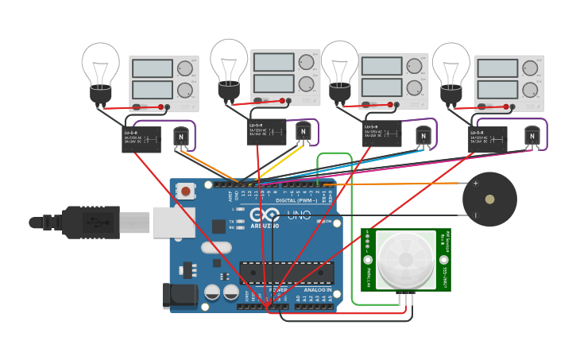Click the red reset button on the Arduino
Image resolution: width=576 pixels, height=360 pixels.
coord(185,191)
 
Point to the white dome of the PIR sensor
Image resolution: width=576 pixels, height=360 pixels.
coord(406,259)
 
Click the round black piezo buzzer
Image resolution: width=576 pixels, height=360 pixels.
coord(489,199)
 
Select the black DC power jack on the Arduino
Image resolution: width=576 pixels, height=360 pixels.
coord(176,295)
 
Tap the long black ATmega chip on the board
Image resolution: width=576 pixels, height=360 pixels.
coord(287,273)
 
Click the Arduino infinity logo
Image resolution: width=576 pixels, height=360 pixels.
coord(265,215)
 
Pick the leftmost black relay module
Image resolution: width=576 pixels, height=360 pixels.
coord(141,139)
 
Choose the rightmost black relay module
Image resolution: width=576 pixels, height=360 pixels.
coord(487,138)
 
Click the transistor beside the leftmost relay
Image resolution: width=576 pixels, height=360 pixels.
coord(181,138)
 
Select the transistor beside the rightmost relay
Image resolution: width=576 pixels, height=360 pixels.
coord(532,137)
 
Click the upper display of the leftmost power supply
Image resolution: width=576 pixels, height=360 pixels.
coord(152,68)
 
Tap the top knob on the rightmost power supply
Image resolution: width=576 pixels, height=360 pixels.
coord(530,67)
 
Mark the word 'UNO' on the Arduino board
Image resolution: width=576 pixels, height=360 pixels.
coord(299,215)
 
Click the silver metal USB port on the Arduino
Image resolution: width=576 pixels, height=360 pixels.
coord(173,223)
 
